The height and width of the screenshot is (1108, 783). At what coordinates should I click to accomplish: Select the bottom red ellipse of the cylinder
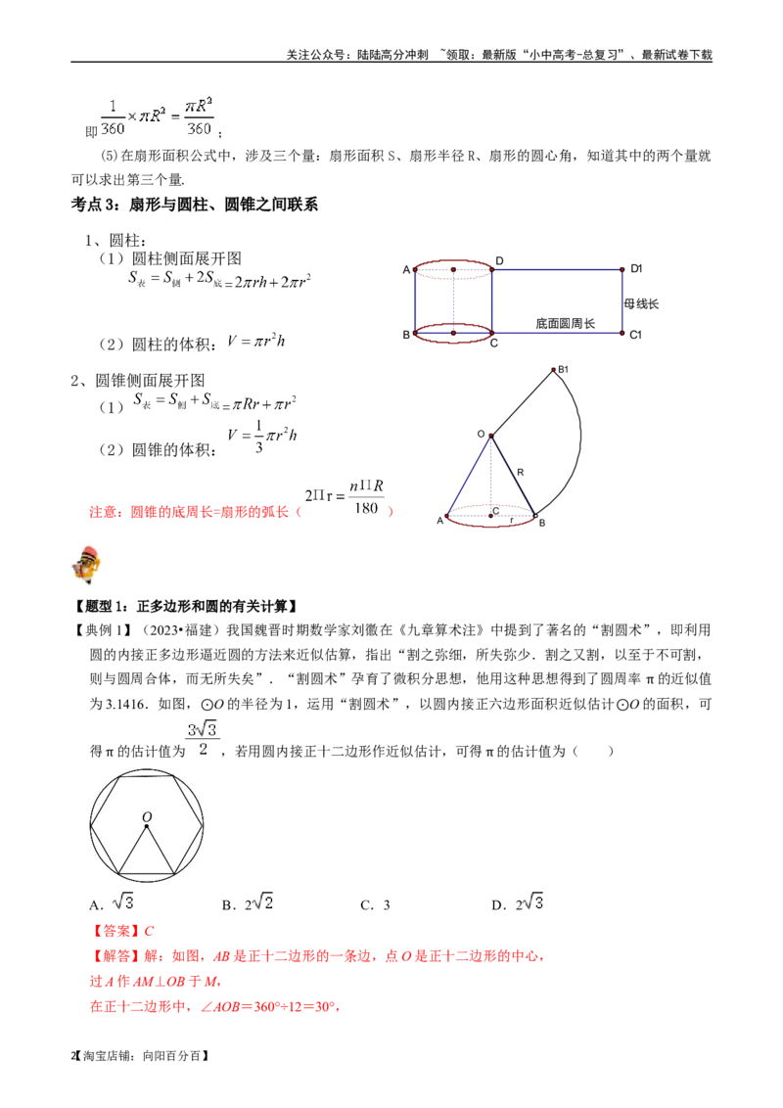point(453,334)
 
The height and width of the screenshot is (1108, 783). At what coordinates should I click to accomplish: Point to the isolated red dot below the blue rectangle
point(553,370)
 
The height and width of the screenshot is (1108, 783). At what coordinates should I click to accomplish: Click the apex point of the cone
point(489,437)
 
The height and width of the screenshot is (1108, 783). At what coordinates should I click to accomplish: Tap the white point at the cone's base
point(535,515)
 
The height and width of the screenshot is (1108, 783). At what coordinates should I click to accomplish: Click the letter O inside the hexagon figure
point(147,816)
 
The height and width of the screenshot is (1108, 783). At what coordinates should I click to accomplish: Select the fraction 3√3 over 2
point(204,737)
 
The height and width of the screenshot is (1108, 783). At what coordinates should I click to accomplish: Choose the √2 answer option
point(264,900)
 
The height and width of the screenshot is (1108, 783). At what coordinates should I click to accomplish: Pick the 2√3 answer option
point(531,900)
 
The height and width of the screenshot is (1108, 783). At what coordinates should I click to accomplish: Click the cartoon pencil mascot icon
point(86,564)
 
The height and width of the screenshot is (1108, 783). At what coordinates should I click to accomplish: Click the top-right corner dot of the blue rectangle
point(622,269)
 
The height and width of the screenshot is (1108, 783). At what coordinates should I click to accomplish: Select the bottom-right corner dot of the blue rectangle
point(622,334)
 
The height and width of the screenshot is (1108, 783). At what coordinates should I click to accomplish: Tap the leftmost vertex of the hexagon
point(91,825)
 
